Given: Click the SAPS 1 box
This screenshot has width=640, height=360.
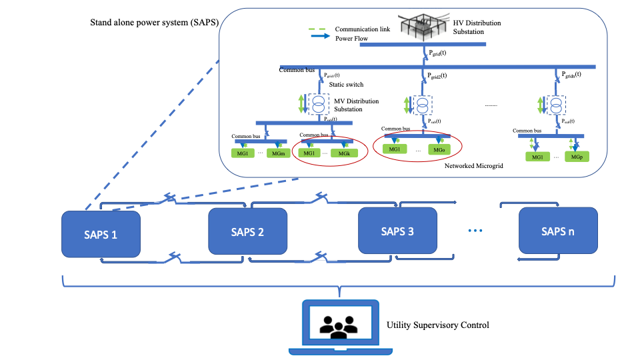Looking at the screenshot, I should coord(101,234).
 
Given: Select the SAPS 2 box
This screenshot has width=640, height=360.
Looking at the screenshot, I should coord(247,231).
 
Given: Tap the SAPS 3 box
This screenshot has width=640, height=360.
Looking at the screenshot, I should coord(397,231).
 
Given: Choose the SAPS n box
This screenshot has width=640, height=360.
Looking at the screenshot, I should coord(559,231).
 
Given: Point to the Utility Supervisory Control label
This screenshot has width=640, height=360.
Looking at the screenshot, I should coord(438,325).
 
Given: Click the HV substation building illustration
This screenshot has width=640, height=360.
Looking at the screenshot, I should coord(423,25).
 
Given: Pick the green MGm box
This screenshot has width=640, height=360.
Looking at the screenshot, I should coord(279,154).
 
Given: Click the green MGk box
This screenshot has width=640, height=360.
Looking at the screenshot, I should coord(344,153).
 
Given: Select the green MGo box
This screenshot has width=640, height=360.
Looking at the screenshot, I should coord(438,149).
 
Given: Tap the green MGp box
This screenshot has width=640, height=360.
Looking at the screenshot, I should coord(577,157).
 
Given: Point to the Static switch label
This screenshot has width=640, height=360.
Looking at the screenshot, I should coord(346,85).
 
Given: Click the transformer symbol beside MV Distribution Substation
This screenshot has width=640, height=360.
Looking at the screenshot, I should coord(320,104).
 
